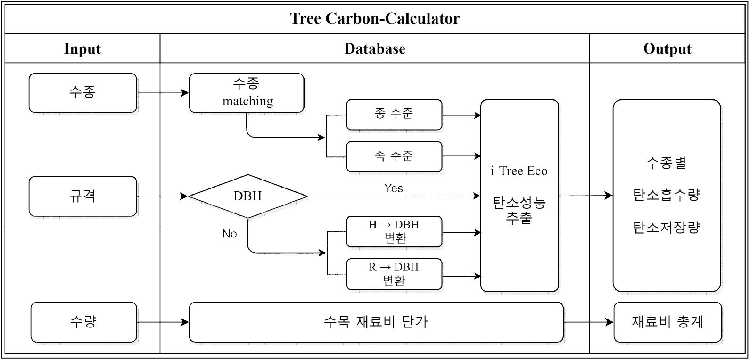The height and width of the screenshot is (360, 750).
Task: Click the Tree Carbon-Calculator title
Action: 375,18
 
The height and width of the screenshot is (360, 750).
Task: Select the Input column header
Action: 82,49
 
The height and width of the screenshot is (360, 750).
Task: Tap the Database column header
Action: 375,49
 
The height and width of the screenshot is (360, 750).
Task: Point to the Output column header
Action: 667,49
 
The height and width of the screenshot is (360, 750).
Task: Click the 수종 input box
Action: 83,93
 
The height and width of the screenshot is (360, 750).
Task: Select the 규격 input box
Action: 83,196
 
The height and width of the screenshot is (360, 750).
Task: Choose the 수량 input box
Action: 83,322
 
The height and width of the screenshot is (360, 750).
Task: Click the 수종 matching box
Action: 247,93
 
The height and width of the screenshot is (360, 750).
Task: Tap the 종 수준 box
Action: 394,115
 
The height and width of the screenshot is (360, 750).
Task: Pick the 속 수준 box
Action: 394,156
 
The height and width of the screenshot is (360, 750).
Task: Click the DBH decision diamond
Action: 247,196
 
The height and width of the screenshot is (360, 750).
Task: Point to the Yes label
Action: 394,188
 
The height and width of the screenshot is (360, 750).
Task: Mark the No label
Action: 230,234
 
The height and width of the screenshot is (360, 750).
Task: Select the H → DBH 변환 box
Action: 394,231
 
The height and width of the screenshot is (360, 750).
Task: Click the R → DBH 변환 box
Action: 394,274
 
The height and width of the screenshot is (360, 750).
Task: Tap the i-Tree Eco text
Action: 519,171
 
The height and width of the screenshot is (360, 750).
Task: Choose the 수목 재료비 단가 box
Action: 376,322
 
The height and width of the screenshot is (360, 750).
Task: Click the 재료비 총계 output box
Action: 668,322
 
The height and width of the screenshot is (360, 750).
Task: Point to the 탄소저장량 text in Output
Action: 667,228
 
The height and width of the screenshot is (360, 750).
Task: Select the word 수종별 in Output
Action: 667,164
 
